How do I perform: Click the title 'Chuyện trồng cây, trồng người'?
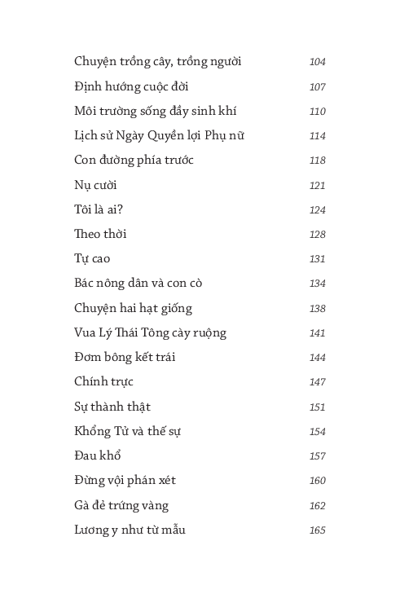pos(157,62)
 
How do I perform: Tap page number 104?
pos(317,62)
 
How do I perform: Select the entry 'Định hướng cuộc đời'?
pos(131,86)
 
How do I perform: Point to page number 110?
pos(317,112)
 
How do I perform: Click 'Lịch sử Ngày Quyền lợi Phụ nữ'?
pos(158,135)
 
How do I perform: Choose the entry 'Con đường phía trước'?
pos(134,160)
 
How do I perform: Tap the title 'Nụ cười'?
pos(95,185)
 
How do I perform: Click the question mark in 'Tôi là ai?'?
pos(121,209)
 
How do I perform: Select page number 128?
pos(317,235)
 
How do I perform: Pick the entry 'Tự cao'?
pos(92,259)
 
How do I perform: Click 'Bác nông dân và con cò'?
pos(138,284)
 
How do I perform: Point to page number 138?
pos(317,309)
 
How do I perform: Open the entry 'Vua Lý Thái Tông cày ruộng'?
pos(150,332)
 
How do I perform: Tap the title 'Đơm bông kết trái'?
pos(125,357)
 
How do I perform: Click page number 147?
pos(317,382)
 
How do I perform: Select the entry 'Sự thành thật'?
pos(112,407)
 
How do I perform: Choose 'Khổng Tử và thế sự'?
pos(127,431)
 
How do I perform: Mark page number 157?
pos(317,456)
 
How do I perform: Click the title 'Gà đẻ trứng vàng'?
pos(121,505)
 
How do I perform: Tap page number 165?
pos(317,530)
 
